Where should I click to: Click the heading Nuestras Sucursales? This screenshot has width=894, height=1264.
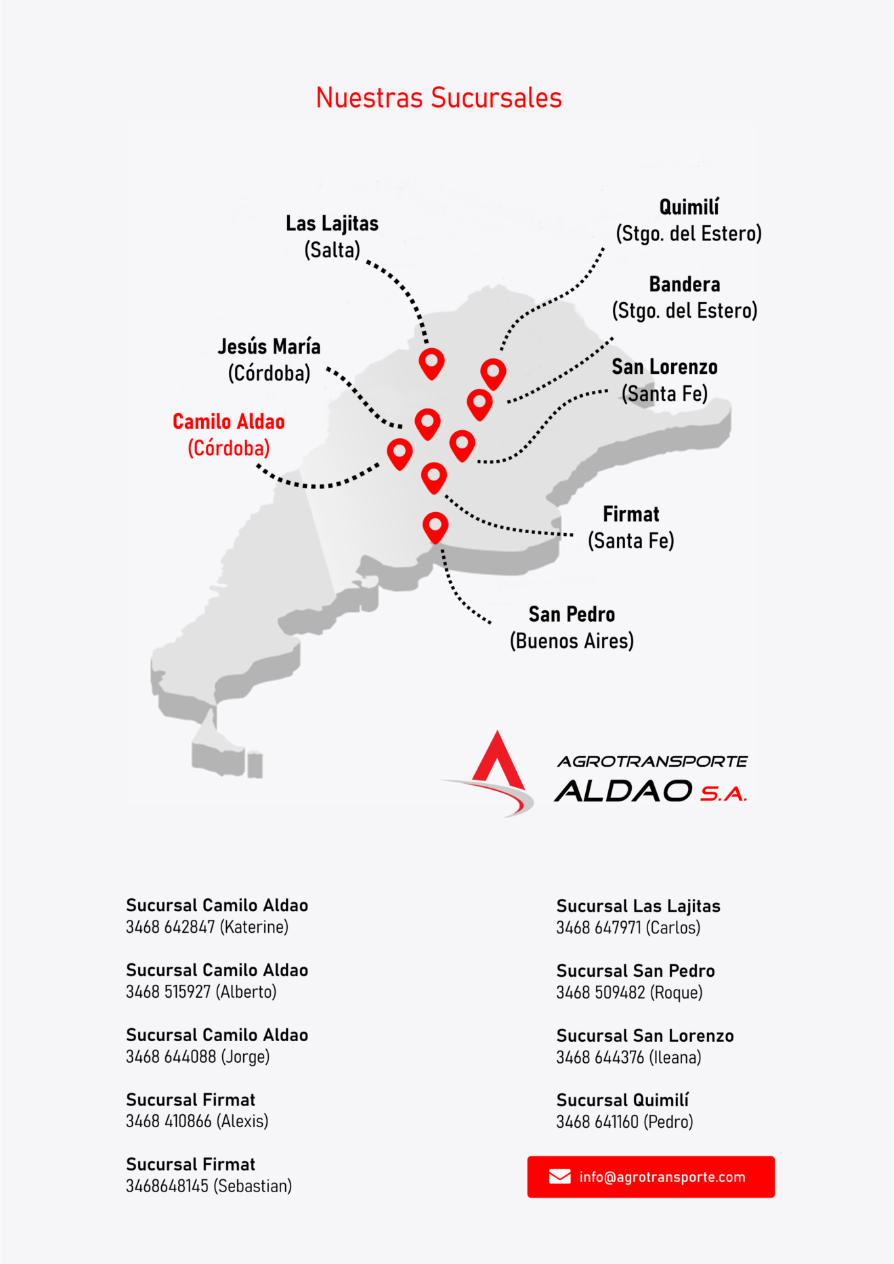coord(439,98)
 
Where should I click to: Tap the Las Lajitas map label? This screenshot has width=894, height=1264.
coord(332,236)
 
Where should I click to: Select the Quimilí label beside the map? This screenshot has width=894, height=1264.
coord(689,220)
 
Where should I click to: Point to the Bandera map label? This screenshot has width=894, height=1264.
coord(685,297)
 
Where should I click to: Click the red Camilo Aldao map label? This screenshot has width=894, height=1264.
coord(229,435)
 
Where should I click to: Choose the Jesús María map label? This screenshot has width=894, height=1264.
coord(269,360)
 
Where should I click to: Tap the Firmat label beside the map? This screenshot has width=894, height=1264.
coord(631,527)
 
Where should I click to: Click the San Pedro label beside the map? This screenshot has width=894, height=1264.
coord(572,627)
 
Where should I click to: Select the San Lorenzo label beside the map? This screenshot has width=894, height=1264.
coord(664,380)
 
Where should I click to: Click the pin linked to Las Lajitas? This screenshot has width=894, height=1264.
coord(431,363)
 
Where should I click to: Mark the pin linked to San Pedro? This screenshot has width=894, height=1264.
coord(435,527)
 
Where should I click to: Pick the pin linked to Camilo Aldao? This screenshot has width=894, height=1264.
coord(400,452)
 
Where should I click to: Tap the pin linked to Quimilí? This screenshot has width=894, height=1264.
coord(493,373)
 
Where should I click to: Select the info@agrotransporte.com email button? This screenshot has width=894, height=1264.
coord(651,1177)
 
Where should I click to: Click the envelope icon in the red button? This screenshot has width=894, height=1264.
coord(559,1177)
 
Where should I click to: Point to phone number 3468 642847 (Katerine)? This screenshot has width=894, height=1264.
coord(207,927)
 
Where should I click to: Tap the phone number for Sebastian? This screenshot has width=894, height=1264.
coord(209,1186)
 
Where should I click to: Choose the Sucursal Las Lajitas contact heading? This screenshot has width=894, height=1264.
coord(639,906)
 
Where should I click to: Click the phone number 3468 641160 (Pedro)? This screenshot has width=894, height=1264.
coord(624,1122)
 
